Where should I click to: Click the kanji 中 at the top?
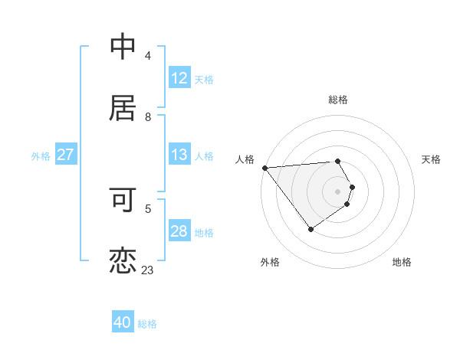tap(123, 47)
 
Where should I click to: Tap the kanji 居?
tap(123, 108)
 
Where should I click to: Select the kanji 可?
tap(123, 200)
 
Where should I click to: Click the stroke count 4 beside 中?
tap(148, 56)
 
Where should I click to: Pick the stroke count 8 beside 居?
tap(148, 117)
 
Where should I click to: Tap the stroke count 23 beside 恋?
tap(148, 270)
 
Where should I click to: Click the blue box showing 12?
tap(179, 78)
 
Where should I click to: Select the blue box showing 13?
tap(179, 155)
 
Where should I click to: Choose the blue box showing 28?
tap(179, 231)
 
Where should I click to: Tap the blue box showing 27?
tap(65, 155)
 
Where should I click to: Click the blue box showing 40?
tap(123, 322)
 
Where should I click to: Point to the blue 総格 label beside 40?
tap(147, 324)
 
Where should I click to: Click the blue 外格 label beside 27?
tap(41, 155)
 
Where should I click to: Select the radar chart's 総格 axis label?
tap(338, 100)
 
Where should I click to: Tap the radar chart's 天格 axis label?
tap(431, 159)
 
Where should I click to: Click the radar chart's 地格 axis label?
tap(402, 262)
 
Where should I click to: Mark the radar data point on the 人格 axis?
tap(264, 167)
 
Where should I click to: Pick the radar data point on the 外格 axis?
tap(310, 229)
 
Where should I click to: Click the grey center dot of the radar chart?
tap(338, 191)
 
